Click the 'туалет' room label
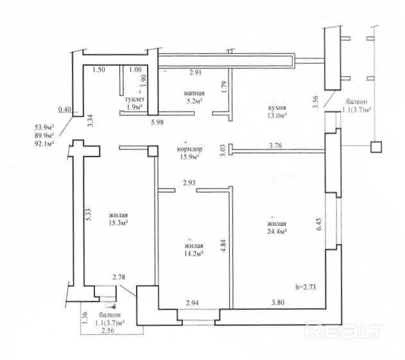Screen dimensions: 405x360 pos(135,99)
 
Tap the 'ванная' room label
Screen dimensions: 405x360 pos(194,93)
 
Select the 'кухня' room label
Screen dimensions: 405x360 pos(277,108)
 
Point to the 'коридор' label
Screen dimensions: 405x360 pos(189,149)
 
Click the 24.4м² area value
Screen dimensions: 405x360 pos(277,232)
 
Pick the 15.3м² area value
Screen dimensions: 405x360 pos(119,223)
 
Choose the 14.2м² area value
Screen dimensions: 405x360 pos(193,254)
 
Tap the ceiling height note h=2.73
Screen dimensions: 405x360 pos(306,287)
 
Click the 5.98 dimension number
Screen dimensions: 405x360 pos(157,122)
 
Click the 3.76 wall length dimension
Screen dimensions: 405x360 pos(275,146)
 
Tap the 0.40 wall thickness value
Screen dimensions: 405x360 pos(65,110)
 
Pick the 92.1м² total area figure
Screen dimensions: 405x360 pos(44,143)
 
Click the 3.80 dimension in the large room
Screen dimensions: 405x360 pos(278,302)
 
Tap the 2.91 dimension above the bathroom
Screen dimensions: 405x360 pos(195,73)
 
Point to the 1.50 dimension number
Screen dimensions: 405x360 pos(99,69)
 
